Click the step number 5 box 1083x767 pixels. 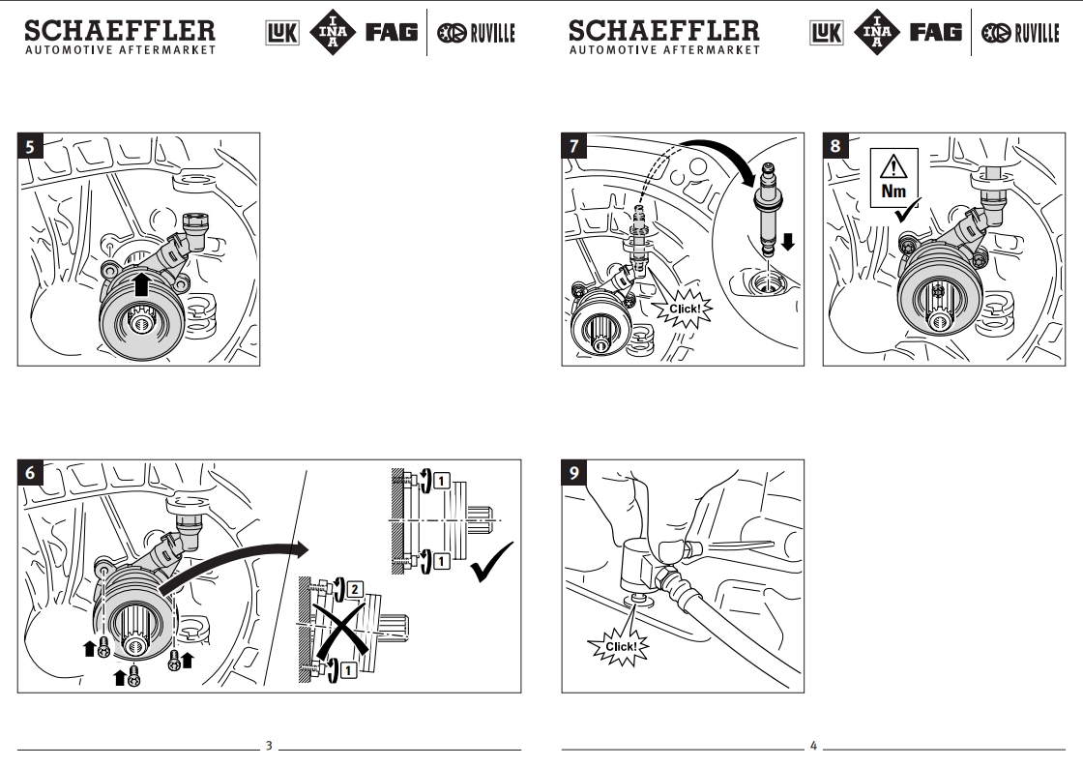click(x=30, y=148)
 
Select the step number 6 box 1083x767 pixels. click(x=30, y=473)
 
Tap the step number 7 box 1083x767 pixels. click(x=575, y=147)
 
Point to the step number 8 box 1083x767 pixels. click(x=835, y=147)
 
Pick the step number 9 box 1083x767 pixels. click(x=575, y=473)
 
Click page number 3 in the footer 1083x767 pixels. click(x=269, y=746)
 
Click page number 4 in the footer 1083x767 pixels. click(x=813, y=746)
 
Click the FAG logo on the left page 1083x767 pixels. click(x=391, y=33)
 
